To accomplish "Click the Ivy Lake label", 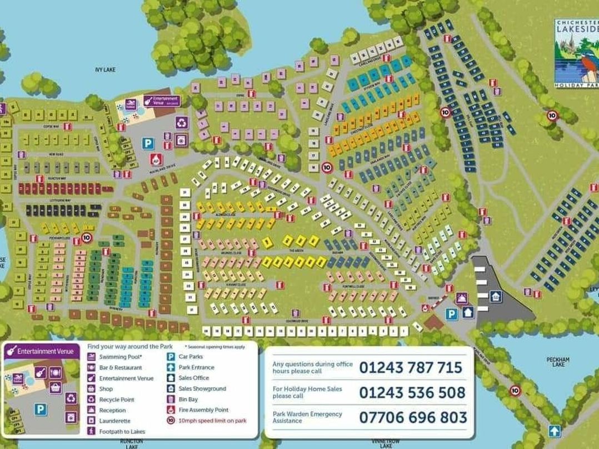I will click(104, 70).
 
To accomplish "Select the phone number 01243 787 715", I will click(411, 367).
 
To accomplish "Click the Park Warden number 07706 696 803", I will click(413, 417).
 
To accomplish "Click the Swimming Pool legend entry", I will click(120, 357).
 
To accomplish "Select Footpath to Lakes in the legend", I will click(122, 431).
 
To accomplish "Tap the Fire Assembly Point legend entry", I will click(203, 410).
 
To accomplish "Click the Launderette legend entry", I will click(115, 421).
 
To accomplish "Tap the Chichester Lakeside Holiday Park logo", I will click(576, 53).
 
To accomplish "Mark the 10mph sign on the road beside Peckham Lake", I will click(515, 390).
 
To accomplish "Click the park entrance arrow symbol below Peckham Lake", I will click(553, 431).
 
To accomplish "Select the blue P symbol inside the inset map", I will click(40, 410).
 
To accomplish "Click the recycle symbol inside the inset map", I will click(71, 398).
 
